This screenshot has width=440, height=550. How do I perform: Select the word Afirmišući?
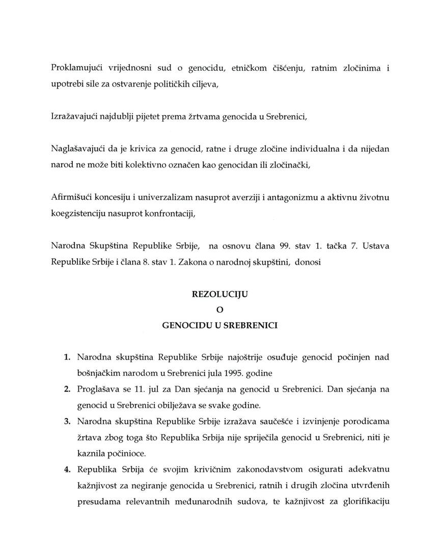(72, 198)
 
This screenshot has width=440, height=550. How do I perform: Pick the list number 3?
(67, 422)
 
